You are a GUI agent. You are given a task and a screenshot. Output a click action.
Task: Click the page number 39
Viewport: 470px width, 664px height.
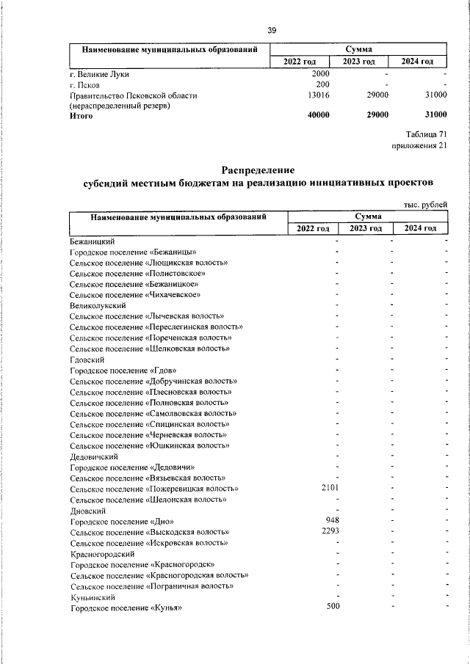[272, 30]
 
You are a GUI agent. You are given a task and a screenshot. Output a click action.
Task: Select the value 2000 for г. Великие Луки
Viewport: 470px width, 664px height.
[320, 74]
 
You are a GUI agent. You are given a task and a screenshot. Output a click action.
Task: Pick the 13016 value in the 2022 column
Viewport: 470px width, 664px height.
[318, 95]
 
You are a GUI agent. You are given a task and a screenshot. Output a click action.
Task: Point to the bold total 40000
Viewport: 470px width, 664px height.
[318, 116]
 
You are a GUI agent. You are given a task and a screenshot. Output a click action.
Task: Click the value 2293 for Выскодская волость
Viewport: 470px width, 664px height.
[325, 531]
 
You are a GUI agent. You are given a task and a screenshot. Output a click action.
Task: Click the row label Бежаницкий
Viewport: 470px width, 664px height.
[93, 241]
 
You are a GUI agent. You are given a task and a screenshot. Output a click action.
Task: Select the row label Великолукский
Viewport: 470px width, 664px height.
[98, 304]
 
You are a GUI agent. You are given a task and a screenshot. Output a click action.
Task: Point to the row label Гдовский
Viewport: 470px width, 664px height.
[87, 360]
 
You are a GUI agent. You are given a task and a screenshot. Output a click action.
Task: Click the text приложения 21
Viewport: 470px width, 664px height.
[420, 145]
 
